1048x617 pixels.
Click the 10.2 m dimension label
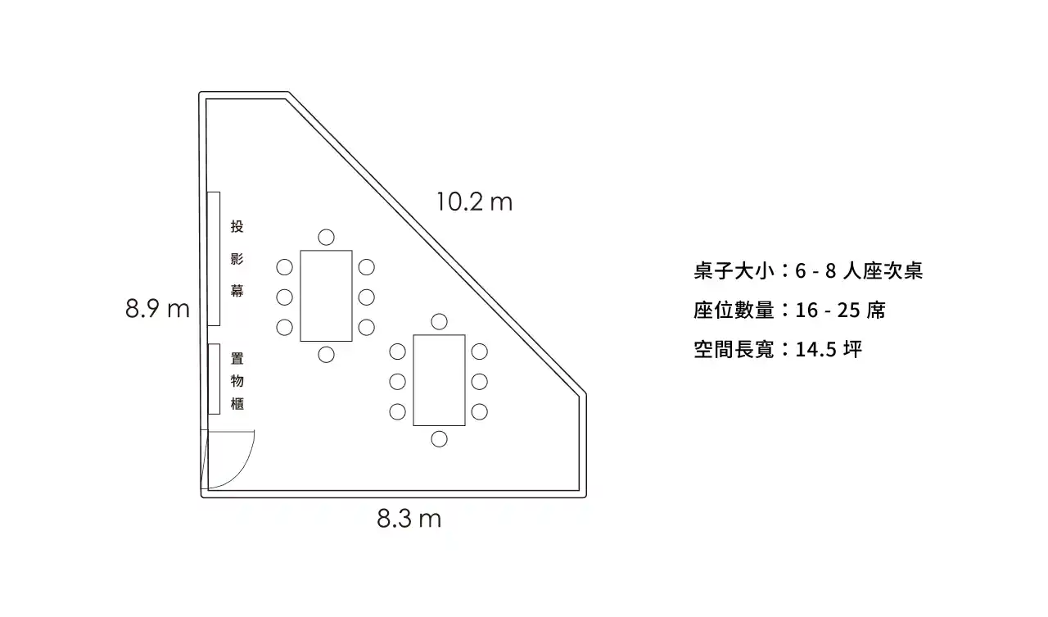[x=474, y=202]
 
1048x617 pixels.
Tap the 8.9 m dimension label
[x=157, y=309]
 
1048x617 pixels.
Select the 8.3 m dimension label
[x=409, y=519]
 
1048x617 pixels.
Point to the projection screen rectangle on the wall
[x=213, y=258]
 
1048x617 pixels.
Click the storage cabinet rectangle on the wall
[x=214, y=379]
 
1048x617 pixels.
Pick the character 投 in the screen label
[x=237, y=227]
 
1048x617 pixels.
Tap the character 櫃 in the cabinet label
[x=237, y=403]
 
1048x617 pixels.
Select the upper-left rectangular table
[x=326, y=295]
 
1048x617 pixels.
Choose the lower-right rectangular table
[x=439, y=379]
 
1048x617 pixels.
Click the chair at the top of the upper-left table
[x=326, y=238]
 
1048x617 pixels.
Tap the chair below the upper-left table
[x=326, y=354]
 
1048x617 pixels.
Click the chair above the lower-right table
[x=440, y=321]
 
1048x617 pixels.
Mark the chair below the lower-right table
[x=440, y=438]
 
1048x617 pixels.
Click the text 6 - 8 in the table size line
[x=814, y=271]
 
